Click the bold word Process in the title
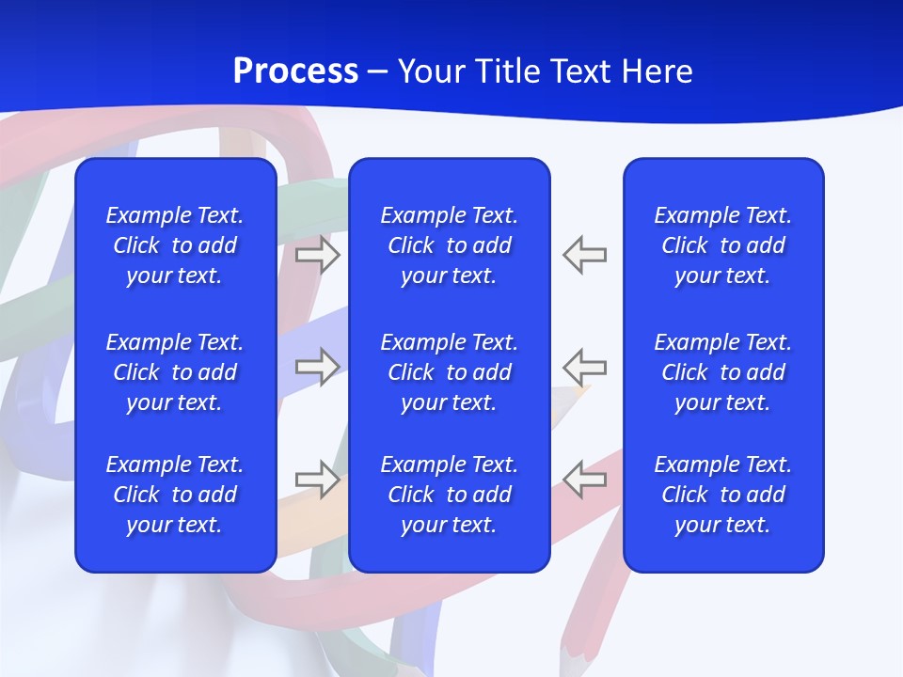tap(295, 71)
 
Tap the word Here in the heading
tap(657, 71)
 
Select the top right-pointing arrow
tap(317, 255)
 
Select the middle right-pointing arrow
tap(317, 366)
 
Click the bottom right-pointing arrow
tap(317, 479)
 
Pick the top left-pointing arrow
tap(584, 255)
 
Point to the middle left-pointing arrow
tap(584, 366)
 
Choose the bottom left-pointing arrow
tap(584, 479)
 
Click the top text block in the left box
tap(175, 245)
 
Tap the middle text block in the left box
tap(175, 372)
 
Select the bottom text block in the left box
tap(175, 495)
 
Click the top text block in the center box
tap(449, 245)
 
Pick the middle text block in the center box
tap(449, 372)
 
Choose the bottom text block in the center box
tap(449, 495)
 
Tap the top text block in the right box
tap(722, 245)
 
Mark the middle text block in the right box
tap(722, 372)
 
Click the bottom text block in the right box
tap(722, 495)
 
